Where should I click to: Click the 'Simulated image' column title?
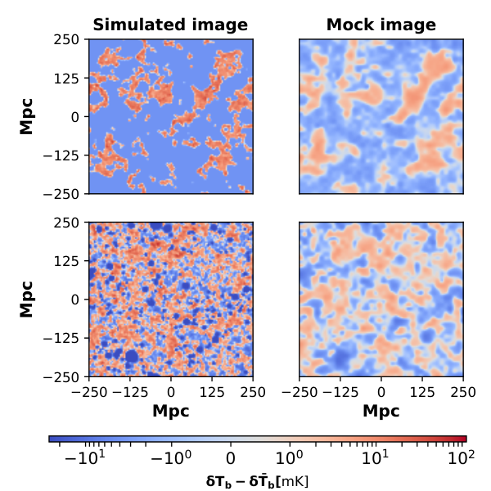pyautogui.click(x=170, y=25)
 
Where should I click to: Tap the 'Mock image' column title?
pyautogui.click(x=381, y=25)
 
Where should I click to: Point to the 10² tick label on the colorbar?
pyautogui.click(x=462, y=457)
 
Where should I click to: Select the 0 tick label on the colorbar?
pyautogui.click(x=231, y=459)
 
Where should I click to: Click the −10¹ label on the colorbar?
pyautogui.click(x=84, y=457)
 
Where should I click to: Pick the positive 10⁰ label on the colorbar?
pyautogui.click(x=290, y=457)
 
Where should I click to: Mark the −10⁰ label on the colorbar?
pyautogui.click(x=171, y=457)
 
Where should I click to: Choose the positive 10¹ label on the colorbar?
pyautogui.click(x=375, y=457)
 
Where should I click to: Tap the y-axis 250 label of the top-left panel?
pyautogui.click(x=66, y=40)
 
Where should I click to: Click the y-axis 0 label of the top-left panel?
pyautogui.click(x=75, y=117)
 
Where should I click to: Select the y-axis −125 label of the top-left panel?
pyautogui.click(x=61, y=155)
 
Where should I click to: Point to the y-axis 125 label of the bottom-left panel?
pyautogui.click(x=66, y=261)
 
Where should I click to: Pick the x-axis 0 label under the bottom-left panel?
pyautogui.click(x=171, y=392)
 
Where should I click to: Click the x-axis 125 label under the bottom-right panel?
pyautogui.click(x=422, y=392)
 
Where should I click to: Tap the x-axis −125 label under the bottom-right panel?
pyautogui.click(x=340, y=392)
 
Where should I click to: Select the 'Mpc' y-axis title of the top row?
pyautogui.click(x=26, y=116)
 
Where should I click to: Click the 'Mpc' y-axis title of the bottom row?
pyautogui.click(x=26, y=300)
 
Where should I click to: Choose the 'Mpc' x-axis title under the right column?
pyautogui.click(x=381, y=411)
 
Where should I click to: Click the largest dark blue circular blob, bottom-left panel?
pyautogui.click(x=132, y=356)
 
